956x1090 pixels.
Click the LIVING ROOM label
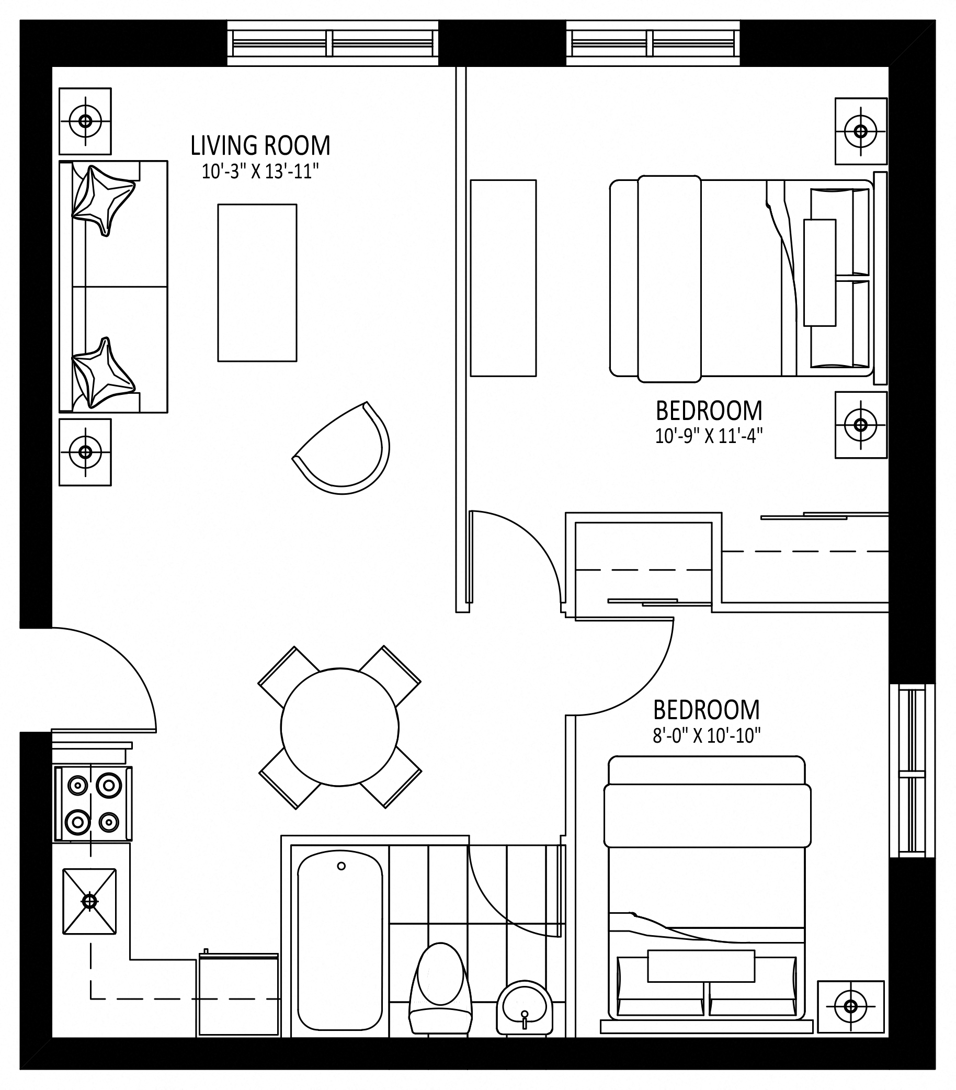tap(261, 145)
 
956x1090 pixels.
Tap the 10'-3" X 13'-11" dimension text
tap(261, 172)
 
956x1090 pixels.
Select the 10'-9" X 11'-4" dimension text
tap(709, 437)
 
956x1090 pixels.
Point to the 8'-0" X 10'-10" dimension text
tap(707, 736)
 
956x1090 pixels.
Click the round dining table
tap(339, 727)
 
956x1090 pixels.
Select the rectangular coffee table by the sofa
tap(257, 282)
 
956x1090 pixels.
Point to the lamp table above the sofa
tap(85, 121)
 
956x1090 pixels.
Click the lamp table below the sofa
tap(85, 452)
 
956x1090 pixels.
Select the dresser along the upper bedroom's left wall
tap(503, 278)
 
